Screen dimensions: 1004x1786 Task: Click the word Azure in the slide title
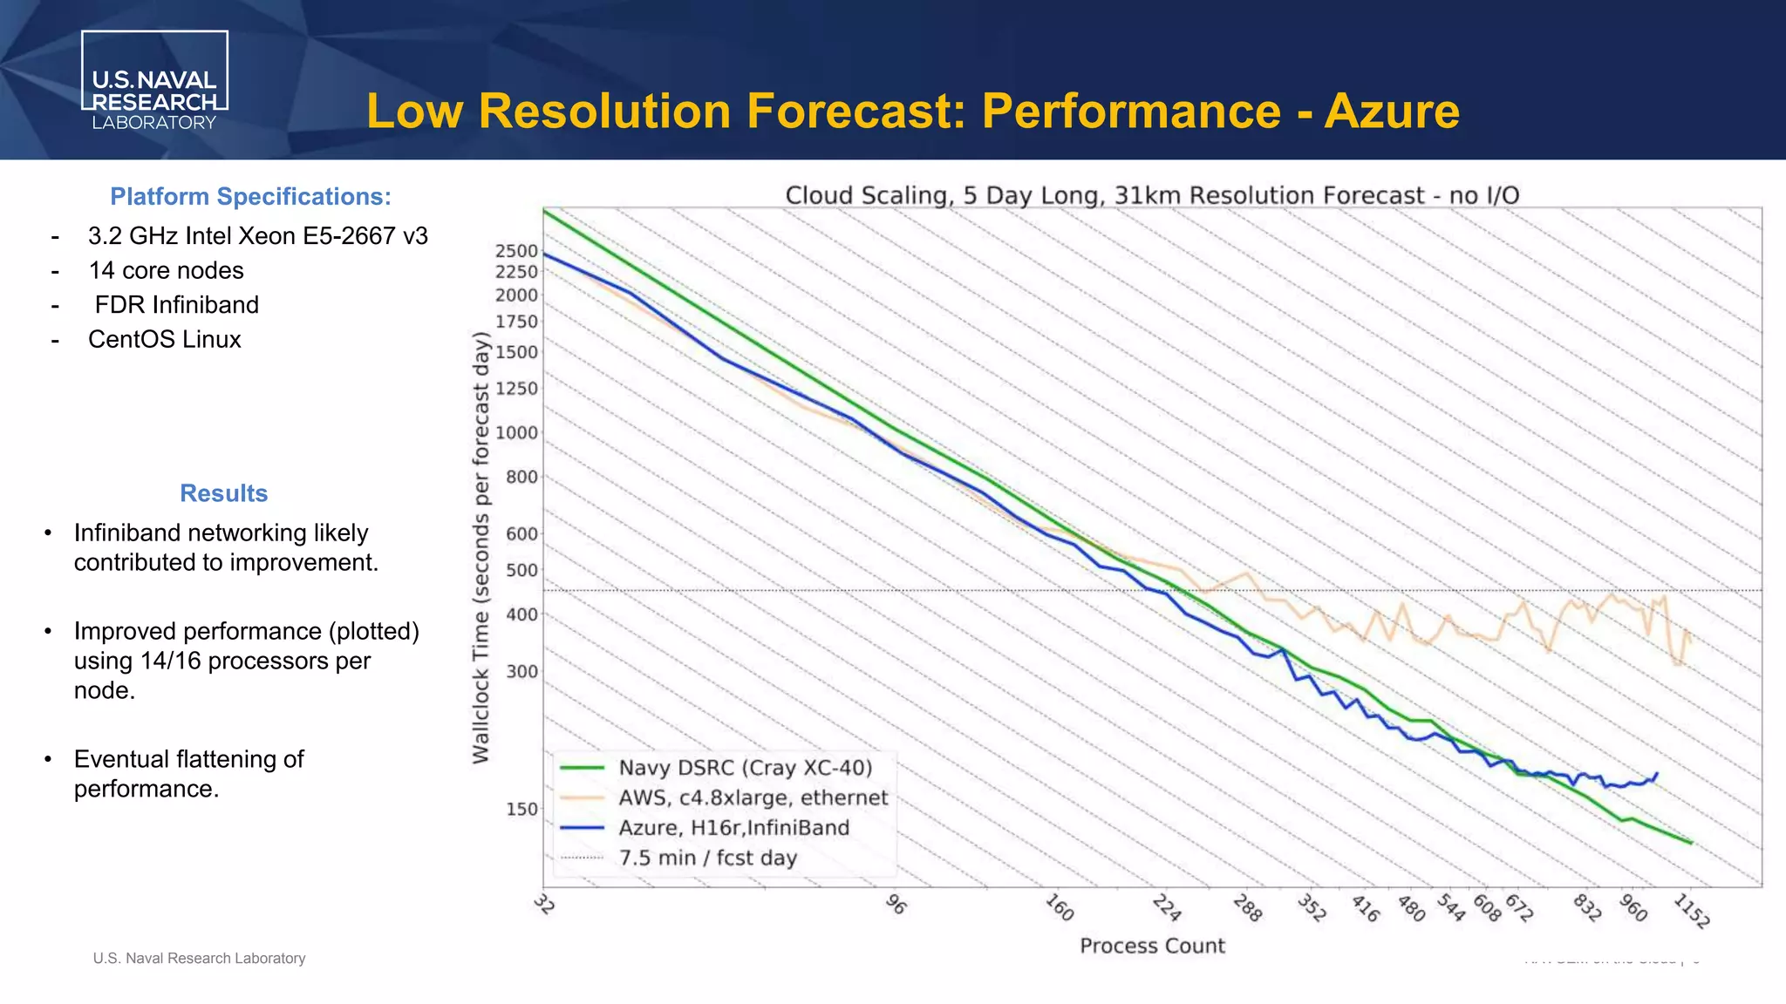click(1391, 112)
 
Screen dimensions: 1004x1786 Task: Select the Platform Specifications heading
click(250, 197)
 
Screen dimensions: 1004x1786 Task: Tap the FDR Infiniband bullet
click(176, 305)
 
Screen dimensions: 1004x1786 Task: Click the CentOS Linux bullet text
click(164, 339)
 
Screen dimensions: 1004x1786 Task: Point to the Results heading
click(223, 493)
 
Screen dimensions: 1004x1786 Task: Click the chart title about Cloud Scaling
click(1152, 195)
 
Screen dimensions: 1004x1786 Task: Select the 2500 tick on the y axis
click(516, 251)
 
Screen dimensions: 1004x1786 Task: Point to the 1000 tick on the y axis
click(516, 433)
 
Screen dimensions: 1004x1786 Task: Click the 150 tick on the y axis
click(521, 809)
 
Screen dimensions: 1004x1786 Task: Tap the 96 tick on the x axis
click(896, 905)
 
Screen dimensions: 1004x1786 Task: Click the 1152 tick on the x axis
click(1692, 911)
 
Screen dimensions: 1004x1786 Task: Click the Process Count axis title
click(1152, 946)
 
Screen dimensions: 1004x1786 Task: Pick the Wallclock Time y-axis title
click(481, 547)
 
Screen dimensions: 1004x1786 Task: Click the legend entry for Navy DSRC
click(745, 768)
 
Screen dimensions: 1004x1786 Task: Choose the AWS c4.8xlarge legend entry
click(753, 798)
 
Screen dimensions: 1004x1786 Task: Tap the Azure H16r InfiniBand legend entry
click(733, 828)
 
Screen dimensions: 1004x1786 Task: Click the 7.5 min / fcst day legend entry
click(707, 858)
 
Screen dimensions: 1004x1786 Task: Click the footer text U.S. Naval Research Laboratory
click(199, 959)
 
